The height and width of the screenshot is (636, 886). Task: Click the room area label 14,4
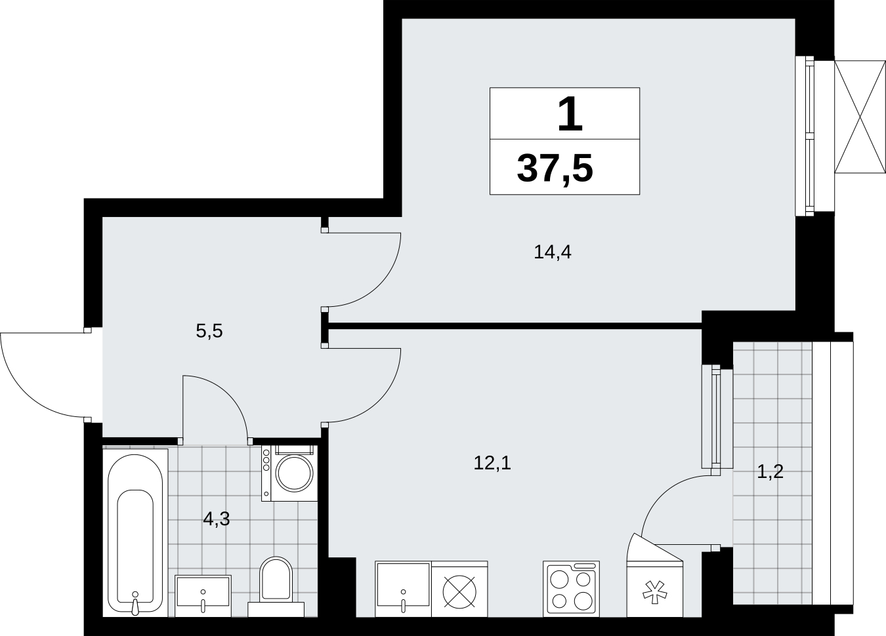(x=552, y=252)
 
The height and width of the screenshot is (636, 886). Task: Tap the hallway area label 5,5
(x=209, y=331)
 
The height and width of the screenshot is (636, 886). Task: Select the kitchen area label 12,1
(x=492, y=463)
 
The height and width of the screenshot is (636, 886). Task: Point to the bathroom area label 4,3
(x=216, y=519)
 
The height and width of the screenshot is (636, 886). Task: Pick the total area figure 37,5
(x=555, y=169)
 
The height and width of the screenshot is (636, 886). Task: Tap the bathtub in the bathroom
(x=135, y=534)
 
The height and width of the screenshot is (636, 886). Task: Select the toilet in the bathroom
(x=276, y=587)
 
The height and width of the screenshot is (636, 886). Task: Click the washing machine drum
(x=294, y=473)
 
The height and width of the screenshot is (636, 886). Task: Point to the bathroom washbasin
(x=203, y=596)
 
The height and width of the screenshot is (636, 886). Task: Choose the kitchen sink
(x=403, y=589)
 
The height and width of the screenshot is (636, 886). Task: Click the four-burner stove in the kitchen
(x=571, y=589)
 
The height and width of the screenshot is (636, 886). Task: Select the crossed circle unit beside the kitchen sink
(x=459, y=591)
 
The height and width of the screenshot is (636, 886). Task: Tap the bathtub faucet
(x=135, y=603)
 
